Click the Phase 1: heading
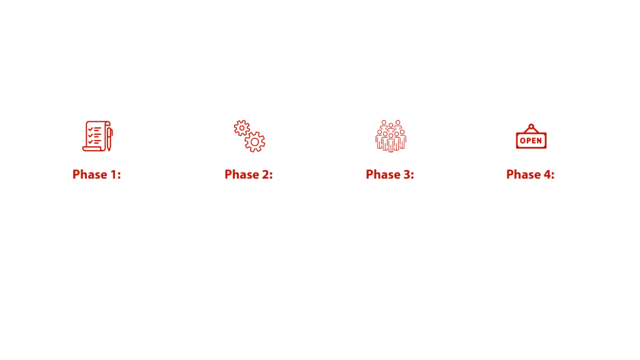point(97,175)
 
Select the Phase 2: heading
point(249,175)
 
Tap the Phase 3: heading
point(390,175)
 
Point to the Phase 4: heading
point(530,175)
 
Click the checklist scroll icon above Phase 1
point(97,136)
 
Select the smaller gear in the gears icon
point(242,128)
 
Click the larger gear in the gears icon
point(255,142)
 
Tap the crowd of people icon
point(391,136)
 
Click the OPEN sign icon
point(531,136)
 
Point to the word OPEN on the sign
point(531,141)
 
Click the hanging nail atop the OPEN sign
point(531,126)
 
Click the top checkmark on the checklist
point(90,129)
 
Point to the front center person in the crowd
point(391,143)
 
